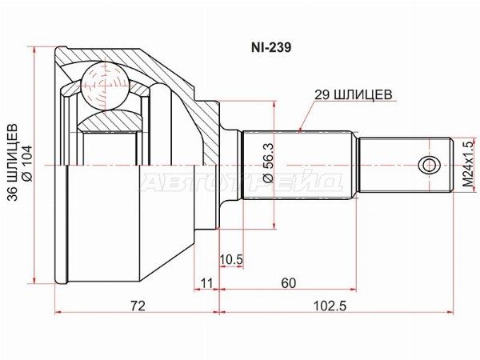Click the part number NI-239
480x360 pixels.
point(271,47)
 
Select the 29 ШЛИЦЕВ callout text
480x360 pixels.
point(354,94)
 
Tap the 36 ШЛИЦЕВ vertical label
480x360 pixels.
point(13,162)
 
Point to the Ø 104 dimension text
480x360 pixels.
point(27,163)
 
